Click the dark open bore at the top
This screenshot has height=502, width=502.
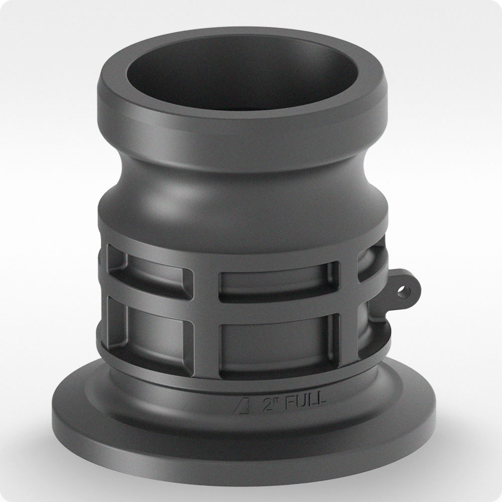(242, 71)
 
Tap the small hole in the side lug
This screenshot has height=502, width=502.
(403, 291)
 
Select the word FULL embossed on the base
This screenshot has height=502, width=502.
(305, 401)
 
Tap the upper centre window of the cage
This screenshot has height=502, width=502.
(278, 282)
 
